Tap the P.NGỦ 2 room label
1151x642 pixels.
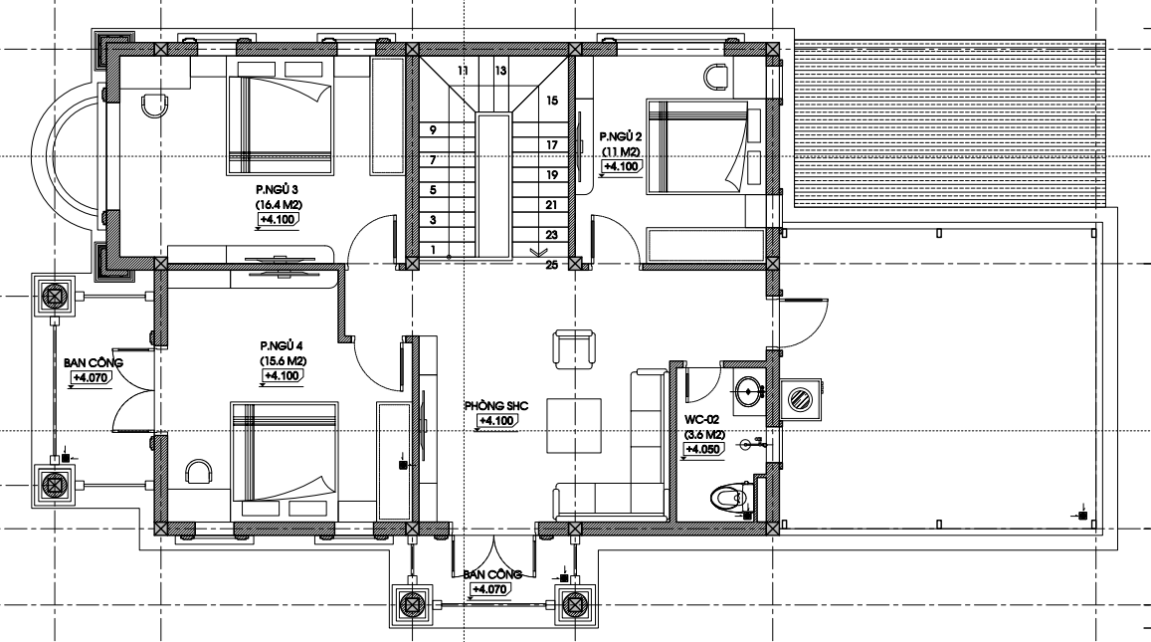(x=621, y=136)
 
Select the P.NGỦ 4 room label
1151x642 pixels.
(x=282, y=346)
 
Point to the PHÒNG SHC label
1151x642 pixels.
(x=496, y=405)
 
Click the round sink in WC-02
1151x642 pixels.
(x=747, y=390)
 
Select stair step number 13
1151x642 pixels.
(x=500, y=72)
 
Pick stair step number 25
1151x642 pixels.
(x=551, y=265)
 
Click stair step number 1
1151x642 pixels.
(x=433, y=250)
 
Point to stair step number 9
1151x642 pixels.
(x=433, y=130)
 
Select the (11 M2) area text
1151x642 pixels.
(x=621, y=152)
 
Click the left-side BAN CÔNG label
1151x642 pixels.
(x=94, y=363)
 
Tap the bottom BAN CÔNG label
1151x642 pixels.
(x=492, y=574)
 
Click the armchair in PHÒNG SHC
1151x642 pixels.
(x=573, y=349)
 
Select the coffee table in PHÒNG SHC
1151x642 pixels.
(x=574, y=426)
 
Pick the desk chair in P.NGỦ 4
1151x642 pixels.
(x=197, y=472)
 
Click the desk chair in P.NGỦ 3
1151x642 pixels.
(x=155, y=105)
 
